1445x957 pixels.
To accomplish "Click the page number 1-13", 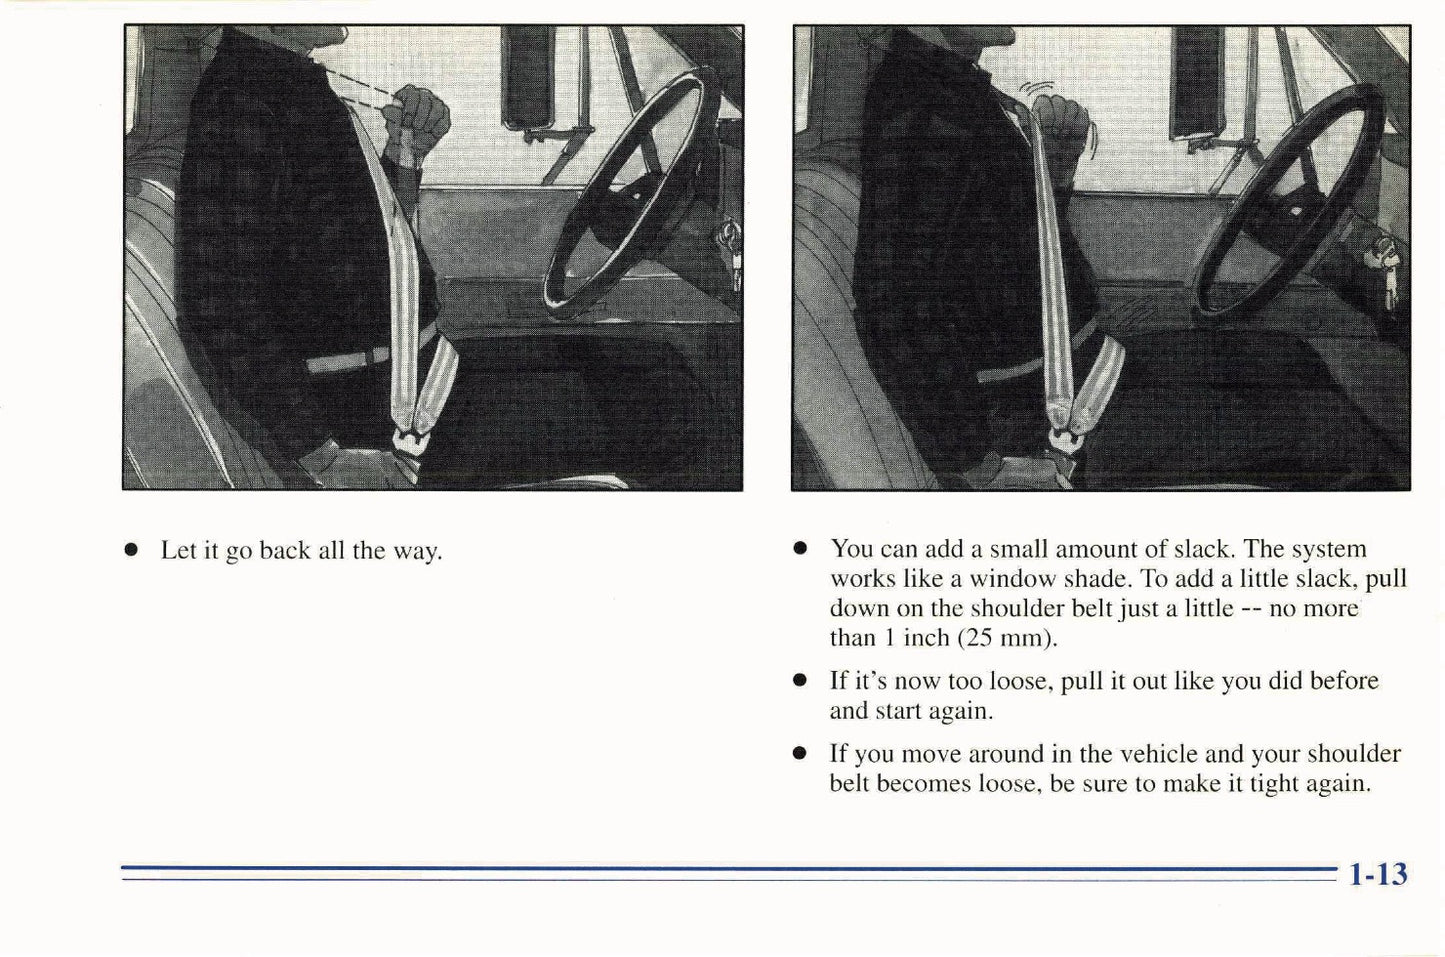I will tap(1377, 875).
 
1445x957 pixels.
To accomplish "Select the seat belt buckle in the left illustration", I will tap(411, 440).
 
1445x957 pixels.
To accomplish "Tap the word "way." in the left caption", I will tap(417, 551).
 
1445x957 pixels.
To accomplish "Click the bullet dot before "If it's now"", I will tap(799, 681).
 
